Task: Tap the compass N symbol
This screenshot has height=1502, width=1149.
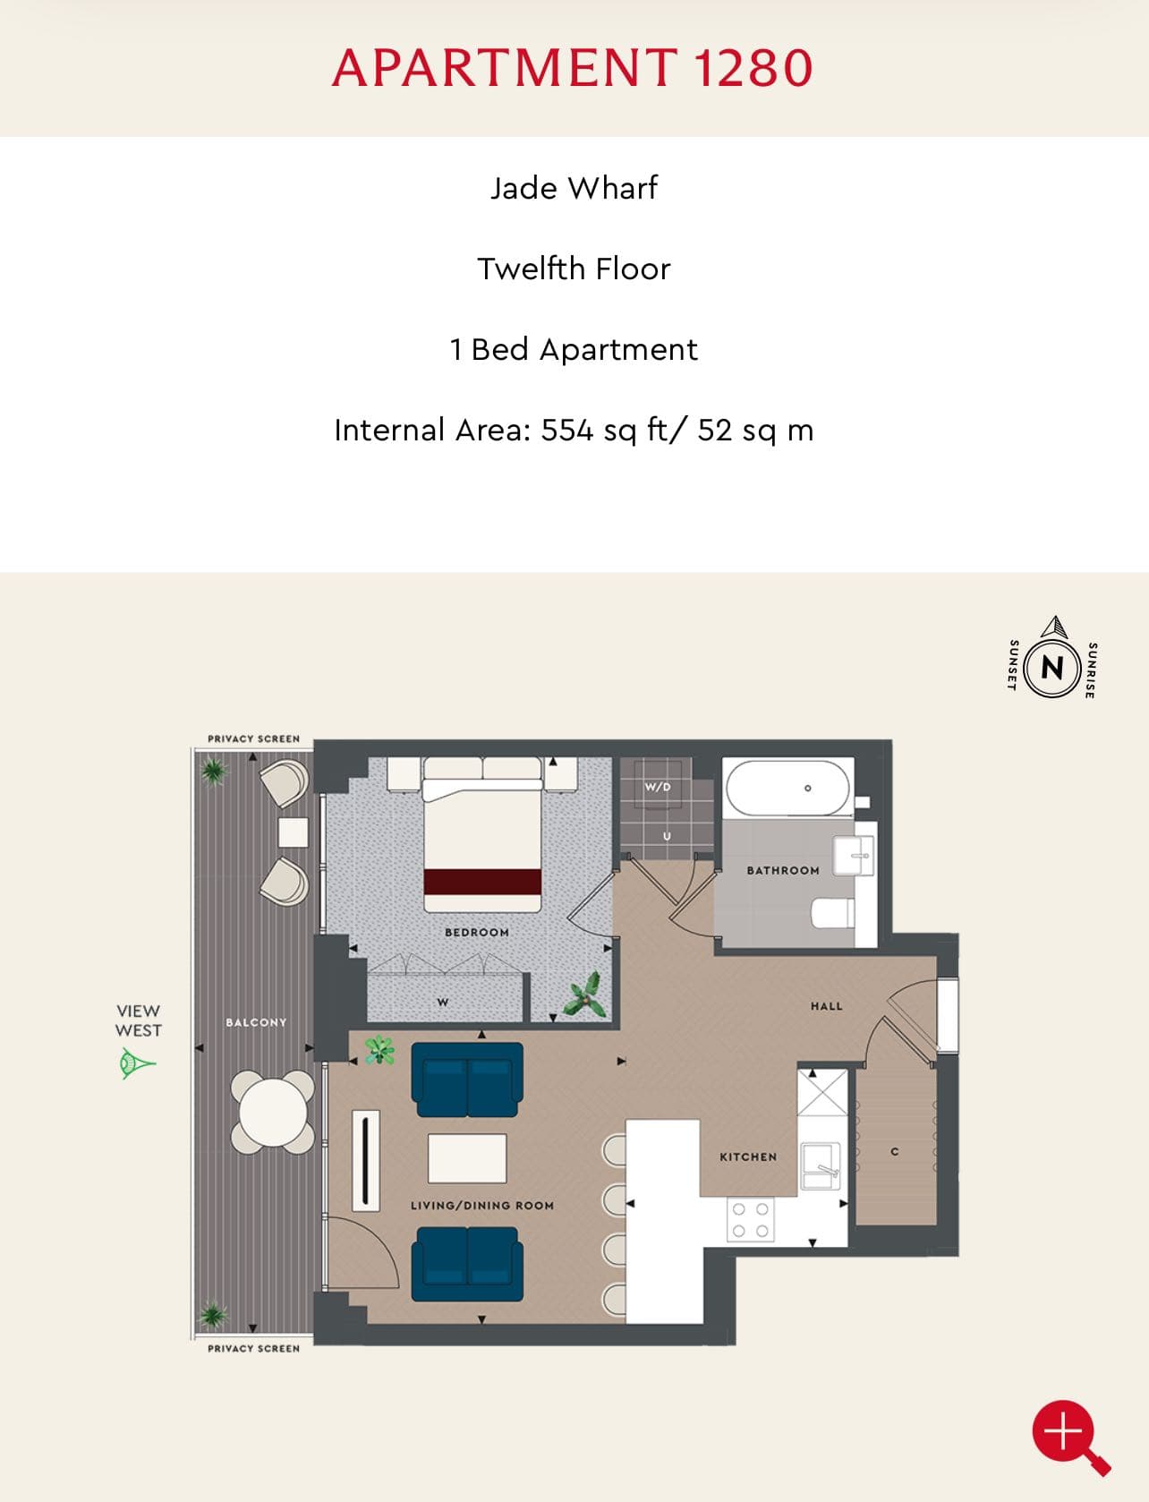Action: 1051,667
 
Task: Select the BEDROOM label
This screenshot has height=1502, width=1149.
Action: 477,933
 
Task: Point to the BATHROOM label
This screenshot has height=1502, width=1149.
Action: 783,870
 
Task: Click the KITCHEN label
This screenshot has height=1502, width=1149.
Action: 748,1157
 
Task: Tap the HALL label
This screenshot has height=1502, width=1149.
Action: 826,1006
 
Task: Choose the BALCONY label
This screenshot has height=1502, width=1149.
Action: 257,1022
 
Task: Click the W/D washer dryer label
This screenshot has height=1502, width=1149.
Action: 657,787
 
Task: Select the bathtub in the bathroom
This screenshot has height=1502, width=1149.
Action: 787,789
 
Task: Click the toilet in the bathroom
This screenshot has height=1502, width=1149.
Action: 831,913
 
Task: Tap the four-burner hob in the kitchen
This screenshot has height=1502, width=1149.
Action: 750,1220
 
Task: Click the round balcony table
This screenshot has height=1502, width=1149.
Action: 273,1111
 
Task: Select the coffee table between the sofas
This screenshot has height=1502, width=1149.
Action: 467,1157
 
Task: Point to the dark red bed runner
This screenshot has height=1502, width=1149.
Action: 483,882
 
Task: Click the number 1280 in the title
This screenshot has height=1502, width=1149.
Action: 753,68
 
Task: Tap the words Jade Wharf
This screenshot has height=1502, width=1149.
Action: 574,187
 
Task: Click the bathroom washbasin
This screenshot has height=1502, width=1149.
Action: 854,855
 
